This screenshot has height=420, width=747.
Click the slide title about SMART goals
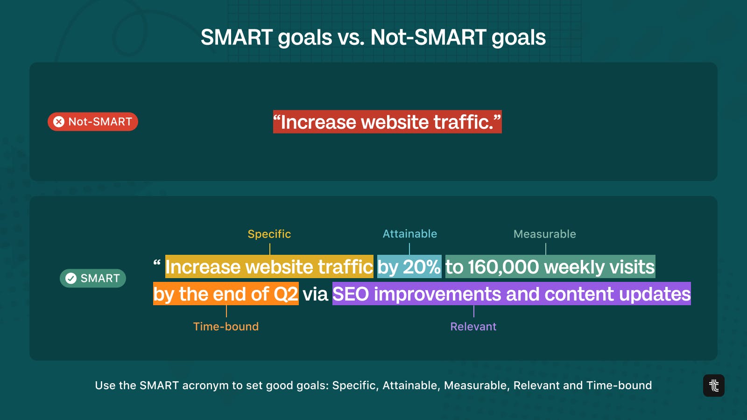373,37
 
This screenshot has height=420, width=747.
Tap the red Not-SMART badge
93,122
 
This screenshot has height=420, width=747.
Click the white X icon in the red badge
59,122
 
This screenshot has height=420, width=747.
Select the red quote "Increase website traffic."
387,122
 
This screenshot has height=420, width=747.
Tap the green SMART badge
93,278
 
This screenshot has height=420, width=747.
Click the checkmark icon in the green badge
70,278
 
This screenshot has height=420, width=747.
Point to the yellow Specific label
269,234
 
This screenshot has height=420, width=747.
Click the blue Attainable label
409,234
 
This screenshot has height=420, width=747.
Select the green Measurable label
544,234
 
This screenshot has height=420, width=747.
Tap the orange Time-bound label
226,327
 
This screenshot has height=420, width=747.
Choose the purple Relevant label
473,327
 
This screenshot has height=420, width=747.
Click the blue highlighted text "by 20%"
409,266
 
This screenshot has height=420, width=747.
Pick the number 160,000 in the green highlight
503,267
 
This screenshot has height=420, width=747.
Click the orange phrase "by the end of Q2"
226,294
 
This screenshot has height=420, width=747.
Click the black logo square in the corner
714,385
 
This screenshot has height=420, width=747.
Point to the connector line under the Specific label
270,249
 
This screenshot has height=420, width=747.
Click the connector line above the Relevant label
473,311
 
